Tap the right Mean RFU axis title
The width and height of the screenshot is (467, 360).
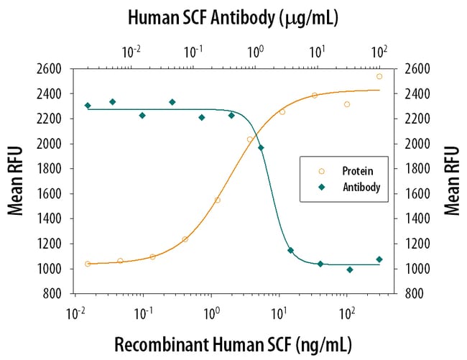451,180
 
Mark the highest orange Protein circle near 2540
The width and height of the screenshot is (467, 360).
379,76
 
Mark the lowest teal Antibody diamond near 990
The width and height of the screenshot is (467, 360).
350,269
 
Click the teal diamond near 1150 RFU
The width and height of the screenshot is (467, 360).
290,250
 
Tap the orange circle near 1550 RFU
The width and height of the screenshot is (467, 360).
217,200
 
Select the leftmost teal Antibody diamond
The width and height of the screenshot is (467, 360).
88,106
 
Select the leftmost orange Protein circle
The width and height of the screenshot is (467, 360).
88,264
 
